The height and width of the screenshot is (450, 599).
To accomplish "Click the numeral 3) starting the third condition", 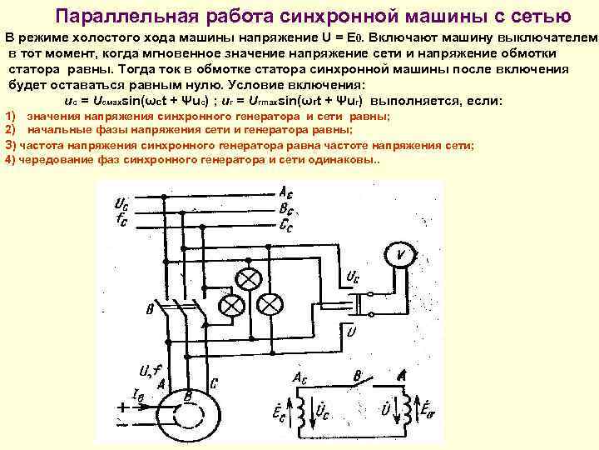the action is click(11, 145).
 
